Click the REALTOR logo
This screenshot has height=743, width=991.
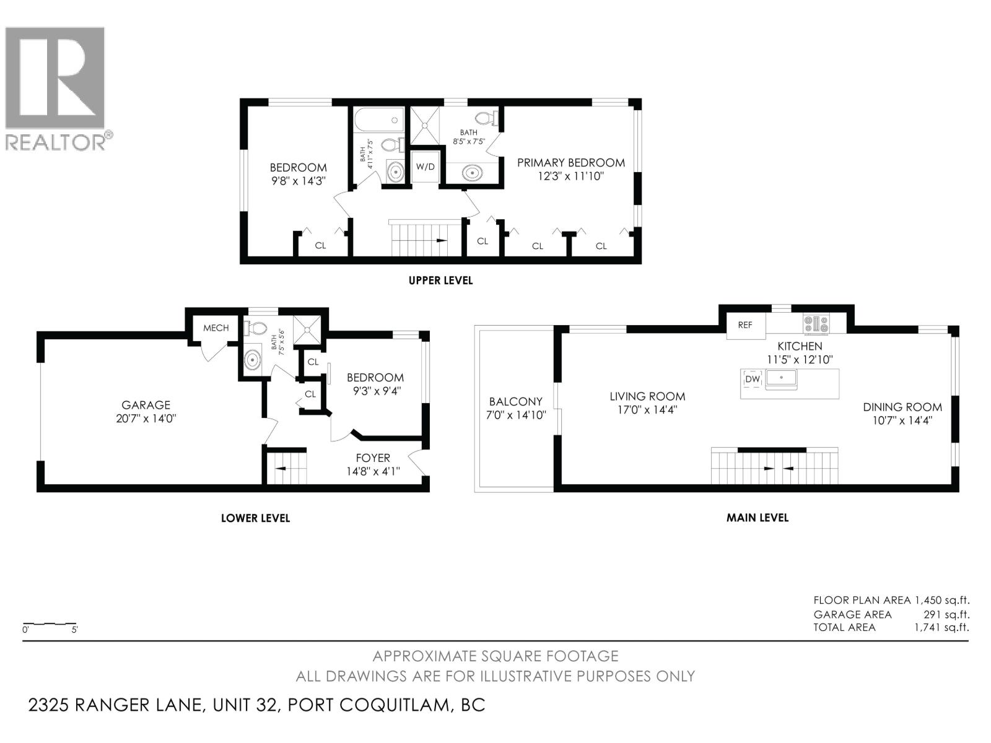(x=56, y=87)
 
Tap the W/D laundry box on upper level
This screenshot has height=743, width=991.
(x=425, y=167)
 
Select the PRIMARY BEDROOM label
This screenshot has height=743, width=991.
(x=570, y=163)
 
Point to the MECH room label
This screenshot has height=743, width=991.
(x=216, y=328)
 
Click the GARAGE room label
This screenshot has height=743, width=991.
(x=146, y=405)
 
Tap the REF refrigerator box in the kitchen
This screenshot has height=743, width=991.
(x=745, y=324)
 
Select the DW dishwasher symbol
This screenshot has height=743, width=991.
(x=753, y=379)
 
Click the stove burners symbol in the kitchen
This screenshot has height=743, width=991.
(x=816, y=323)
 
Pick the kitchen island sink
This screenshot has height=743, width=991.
(x=782, y=377)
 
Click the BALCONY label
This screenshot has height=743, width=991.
(x=515, y=401)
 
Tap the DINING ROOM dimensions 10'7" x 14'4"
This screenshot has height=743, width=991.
(x=902, y=420)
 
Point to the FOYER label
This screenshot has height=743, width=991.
(x=373, y=458)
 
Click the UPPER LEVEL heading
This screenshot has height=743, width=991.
(x=440, y=280)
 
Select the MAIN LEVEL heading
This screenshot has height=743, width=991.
(x=757, y=518)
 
